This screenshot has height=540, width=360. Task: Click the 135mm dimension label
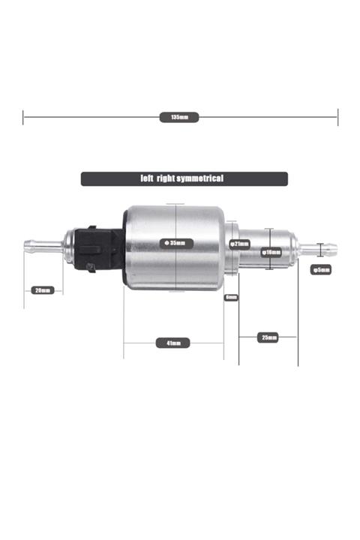coord(179,117)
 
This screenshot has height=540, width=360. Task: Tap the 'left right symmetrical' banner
coord(184,178)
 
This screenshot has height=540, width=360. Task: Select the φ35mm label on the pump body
coord(176,243)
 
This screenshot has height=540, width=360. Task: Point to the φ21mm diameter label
coord(240,244)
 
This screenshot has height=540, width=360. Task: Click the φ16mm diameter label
coord(271,253)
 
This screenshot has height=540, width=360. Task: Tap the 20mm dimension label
coord(42,290)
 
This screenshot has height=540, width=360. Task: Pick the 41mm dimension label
coord(173,343)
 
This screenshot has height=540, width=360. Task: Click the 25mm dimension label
coord(268,337)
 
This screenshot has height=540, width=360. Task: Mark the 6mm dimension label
coord(231,297)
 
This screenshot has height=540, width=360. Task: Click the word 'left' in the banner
coord(147,178)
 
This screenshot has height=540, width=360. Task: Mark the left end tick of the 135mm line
coord(23,117)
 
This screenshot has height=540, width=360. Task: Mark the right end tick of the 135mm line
coord(338,117)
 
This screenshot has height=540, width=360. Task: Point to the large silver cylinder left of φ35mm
coord(142,247)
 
